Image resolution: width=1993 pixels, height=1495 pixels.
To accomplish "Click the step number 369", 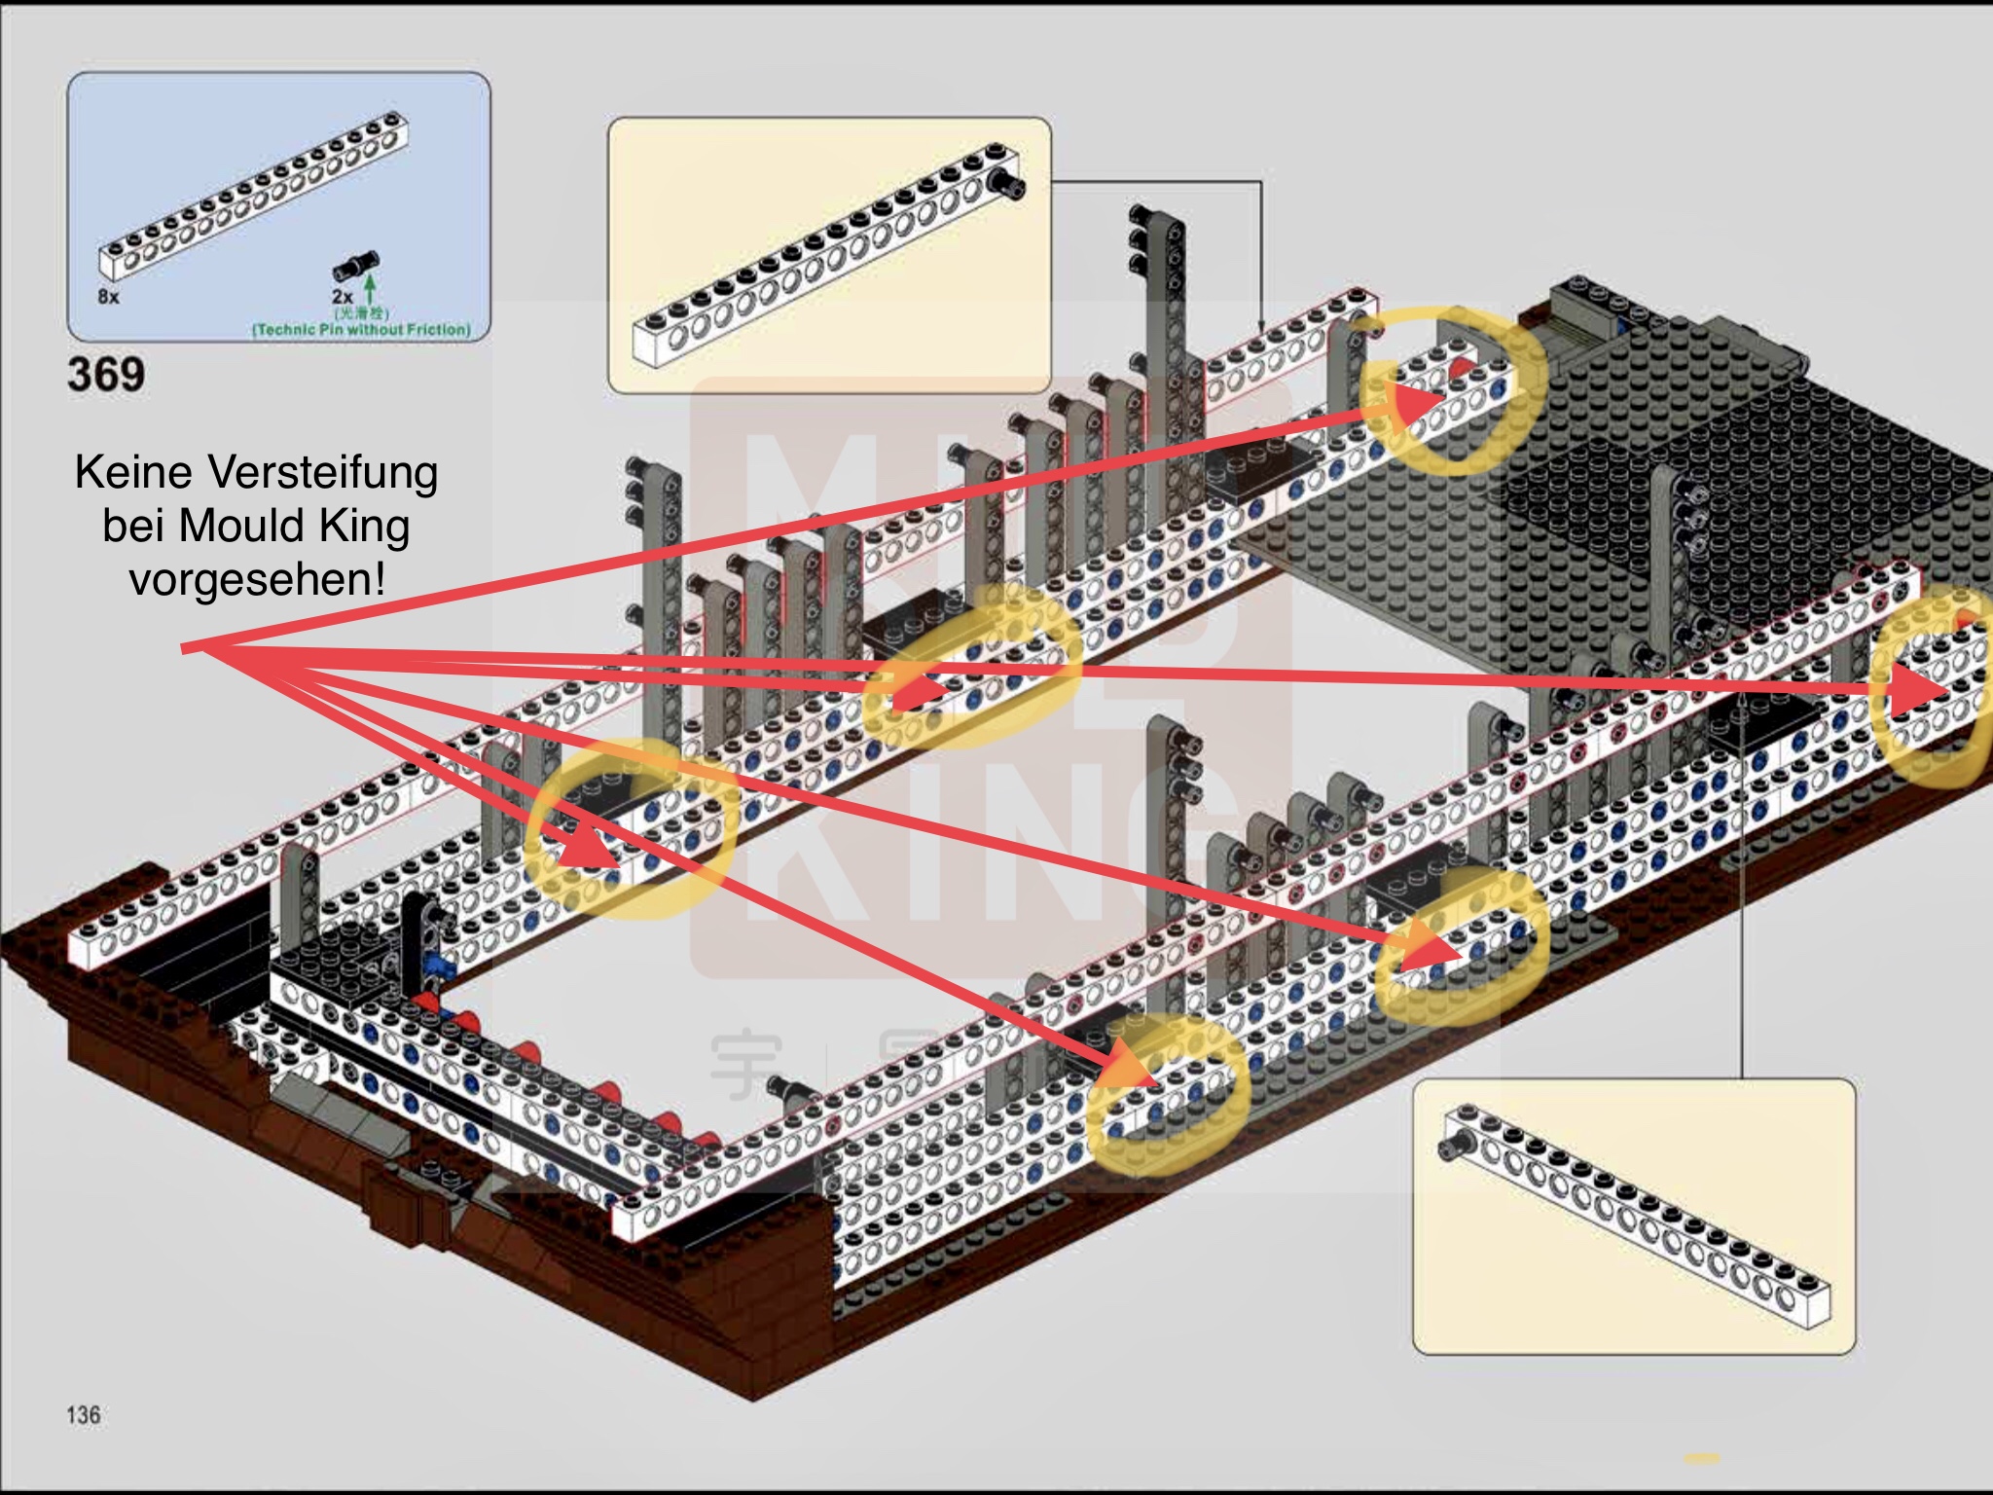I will click(x=106, y=375).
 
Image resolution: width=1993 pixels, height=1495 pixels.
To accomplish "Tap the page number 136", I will click(x=84, y=1414).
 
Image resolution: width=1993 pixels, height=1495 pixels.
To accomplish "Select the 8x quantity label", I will click(x=108, y=296).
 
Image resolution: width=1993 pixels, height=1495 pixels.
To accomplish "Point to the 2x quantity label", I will click(x=342, y=296).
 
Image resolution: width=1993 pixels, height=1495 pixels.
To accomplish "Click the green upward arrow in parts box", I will click(x=370, y=288).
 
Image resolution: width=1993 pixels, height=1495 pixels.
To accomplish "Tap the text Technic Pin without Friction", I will click(x=361, y=330).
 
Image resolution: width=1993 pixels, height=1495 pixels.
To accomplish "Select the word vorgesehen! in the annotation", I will click(x=257, y=580).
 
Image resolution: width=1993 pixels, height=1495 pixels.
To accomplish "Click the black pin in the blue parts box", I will click(x=355, y=266).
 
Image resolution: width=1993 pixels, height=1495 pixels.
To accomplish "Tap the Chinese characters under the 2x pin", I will click(x=361, y=313).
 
